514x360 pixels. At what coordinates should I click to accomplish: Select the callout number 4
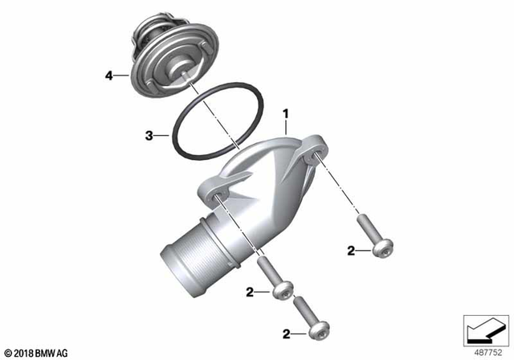(109, 76)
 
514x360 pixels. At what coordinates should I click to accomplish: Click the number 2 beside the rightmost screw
(350, 252)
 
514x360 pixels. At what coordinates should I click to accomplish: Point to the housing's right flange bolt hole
(314, 154)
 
